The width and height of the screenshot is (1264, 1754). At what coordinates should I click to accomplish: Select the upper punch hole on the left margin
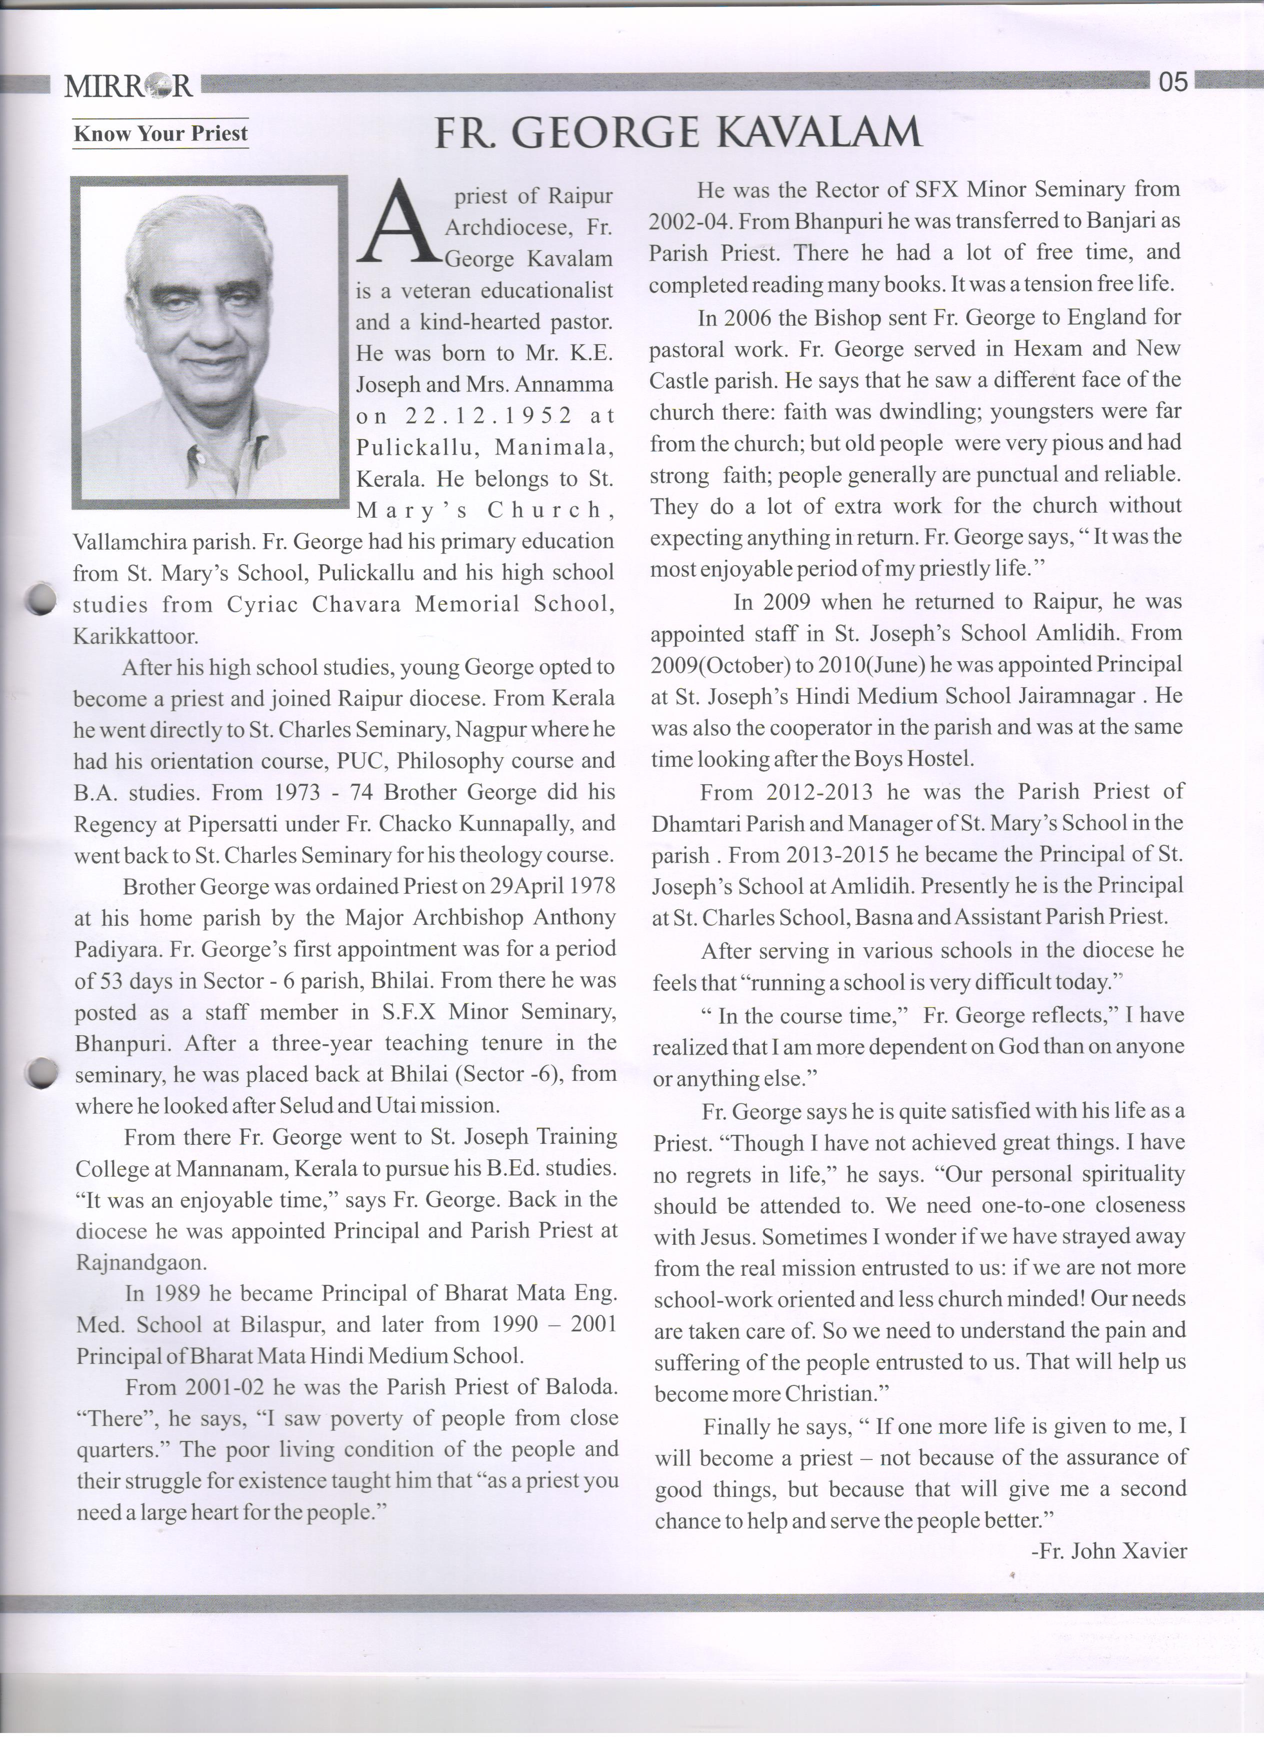point(38,599)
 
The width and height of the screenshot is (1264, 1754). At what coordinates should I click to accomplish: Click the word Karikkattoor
point(135,637)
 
